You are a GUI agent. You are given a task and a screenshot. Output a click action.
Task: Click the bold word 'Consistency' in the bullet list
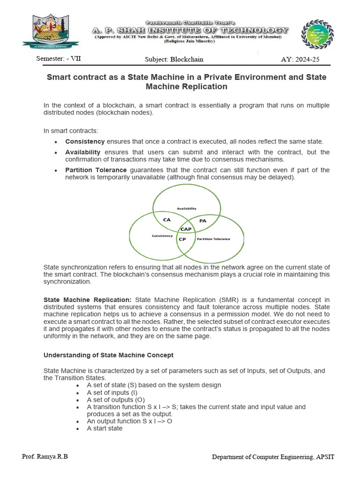(x=85, y=142)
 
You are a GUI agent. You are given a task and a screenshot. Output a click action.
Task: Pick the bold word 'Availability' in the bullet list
(x=83, y=152)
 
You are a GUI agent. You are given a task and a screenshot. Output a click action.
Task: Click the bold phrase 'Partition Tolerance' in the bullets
(x=96, y=170)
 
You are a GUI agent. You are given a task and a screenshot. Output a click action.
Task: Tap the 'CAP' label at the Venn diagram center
(x=186, y=229)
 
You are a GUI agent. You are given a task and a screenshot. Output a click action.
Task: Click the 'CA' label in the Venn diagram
(x=167, y=219)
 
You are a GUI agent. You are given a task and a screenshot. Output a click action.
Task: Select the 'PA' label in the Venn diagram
(x=202, y=220)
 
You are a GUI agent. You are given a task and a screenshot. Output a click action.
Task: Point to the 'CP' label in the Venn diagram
(x=182, y=239)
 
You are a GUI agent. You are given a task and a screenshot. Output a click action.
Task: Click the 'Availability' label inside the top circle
(x=186, y=208)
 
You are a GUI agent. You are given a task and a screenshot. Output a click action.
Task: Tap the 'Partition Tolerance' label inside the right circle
(x=213, y=239)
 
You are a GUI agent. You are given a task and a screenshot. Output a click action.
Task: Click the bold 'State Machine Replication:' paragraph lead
(x=88, y=300)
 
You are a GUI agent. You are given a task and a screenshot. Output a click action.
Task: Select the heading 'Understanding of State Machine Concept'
(x=108, y=355)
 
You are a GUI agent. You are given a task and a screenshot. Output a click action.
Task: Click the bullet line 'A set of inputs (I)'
(x=112, y=392)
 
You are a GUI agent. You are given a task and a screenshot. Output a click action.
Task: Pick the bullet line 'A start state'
(x=105, y=428)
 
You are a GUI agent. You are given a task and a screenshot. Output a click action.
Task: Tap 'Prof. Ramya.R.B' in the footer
(x=45, y=457)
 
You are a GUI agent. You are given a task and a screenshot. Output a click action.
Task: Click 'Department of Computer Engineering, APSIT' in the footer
(x=273, y=457)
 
